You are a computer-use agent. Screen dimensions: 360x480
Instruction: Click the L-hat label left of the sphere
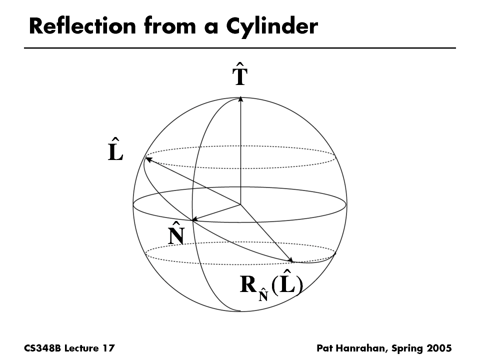(115, 149)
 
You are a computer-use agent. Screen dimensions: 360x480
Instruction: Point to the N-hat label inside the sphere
(175, 232)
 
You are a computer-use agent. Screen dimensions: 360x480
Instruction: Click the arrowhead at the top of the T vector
(240, 99)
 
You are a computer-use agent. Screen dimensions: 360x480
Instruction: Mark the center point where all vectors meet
(240, 204)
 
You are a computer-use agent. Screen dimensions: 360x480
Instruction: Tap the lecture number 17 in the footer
(109, 347)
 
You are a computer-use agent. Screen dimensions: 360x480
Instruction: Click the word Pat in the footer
(325, 347)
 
